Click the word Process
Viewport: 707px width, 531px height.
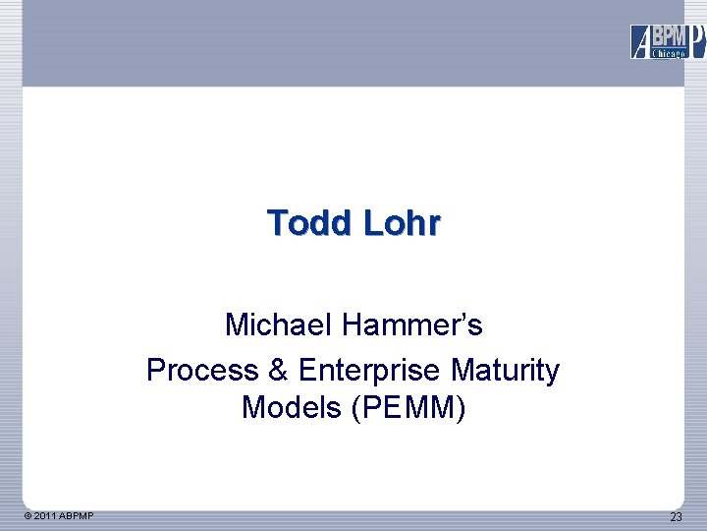(198, 371)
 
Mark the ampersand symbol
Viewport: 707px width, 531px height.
(275, 371)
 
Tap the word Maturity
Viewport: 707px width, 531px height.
(506, 371)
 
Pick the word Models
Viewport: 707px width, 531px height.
(289, 406)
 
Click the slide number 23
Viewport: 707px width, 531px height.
(676, 517)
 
